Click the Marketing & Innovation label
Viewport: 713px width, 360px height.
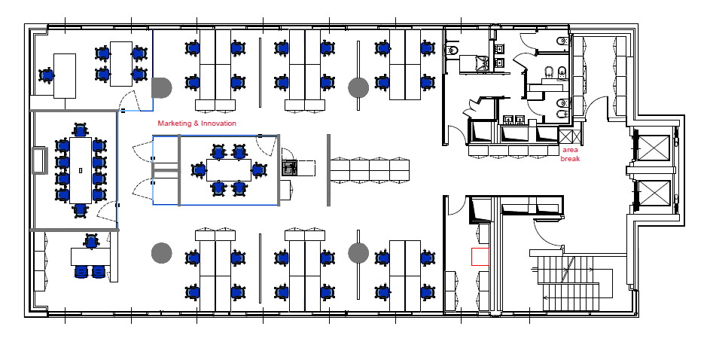197,124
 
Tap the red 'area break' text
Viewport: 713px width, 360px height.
570,154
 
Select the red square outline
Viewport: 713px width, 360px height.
480,257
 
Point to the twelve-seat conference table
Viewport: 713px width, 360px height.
81,169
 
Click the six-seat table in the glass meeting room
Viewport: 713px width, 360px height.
229,169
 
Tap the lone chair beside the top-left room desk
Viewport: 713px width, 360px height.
46,75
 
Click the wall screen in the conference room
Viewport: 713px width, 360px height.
39,160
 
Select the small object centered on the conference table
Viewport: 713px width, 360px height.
81,170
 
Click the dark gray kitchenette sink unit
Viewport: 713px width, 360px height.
290,168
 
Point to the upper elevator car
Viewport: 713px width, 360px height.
654,147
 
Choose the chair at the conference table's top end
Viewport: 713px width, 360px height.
81,130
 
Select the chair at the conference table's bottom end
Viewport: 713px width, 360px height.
81,210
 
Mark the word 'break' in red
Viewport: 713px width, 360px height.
570,159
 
